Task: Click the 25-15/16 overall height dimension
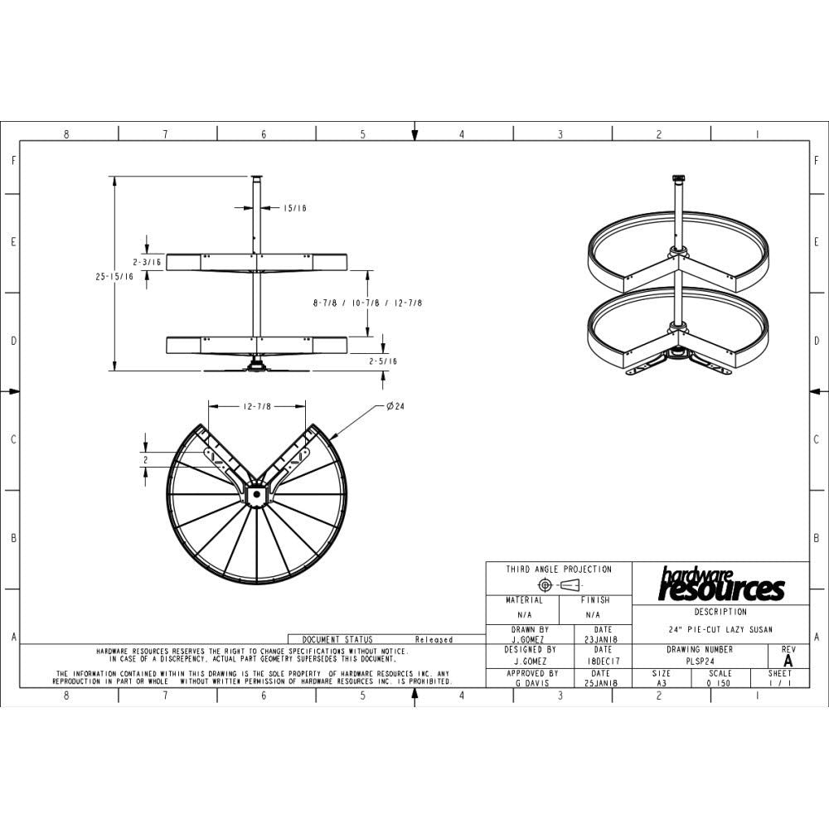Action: tap(114, 278)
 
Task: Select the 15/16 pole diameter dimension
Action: tap(294, 209)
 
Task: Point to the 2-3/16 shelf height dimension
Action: tap(145, 262)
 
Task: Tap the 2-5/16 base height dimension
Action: tap(382, 361)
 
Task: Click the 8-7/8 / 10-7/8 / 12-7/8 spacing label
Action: tap(367, 303)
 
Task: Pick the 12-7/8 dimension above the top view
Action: tap(257, 406)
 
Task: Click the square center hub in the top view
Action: tap(256, 495)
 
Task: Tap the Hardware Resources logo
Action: tap(720, 585)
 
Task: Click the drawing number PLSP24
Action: tap(701, 662)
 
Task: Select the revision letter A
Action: tap(788, 662)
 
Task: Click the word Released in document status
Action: tap(434, 640)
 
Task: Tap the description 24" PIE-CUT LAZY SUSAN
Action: tap(720, 630)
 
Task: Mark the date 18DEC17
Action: tap(603, 662)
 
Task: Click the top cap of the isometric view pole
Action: tap(678, 177)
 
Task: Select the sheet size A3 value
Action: tap(662, 683)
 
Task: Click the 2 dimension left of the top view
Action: tap(145, 458)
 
